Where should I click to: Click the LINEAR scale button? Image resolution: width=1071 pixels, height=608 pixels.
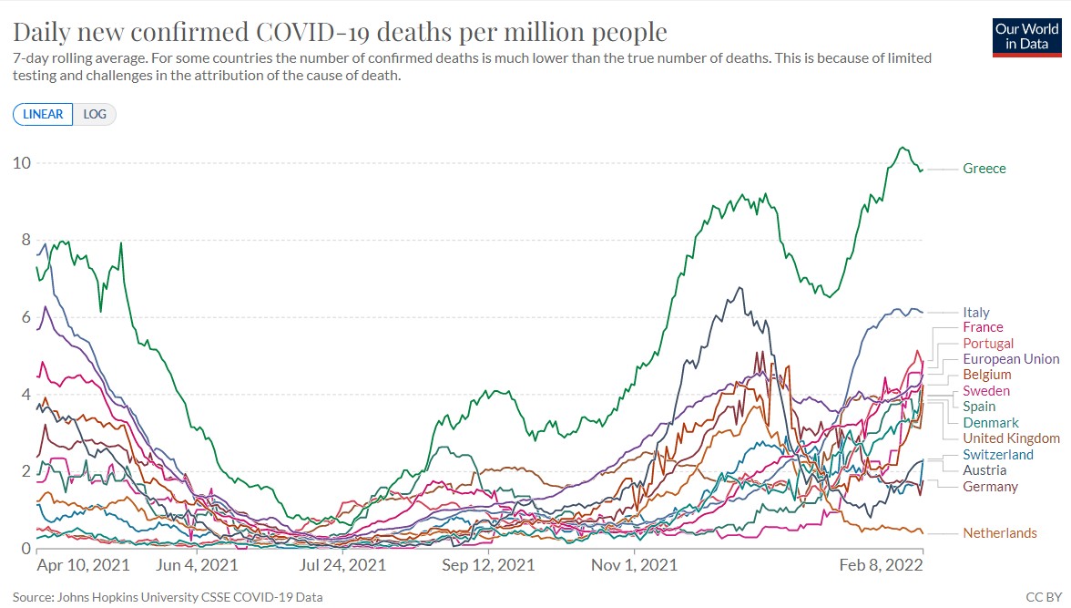(x=43, y=115)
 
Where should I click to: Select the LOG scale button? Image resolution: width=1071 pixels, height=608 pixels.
(x=95, y=115)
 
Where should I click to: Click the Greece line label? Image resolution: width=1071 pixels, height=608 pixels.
(x=984, y=169)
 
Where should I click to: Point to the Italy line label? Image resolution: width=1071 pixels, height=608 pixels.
(x=976, y=313)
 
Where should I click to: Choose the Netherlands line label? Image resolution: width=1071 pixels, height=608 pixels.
(x=1000, y=533)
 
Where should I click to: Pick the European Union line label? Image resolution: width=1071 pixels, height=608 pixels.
(x=1011, y=359)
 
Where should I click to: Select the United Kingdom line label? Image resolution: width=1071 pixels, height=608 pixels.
(x=1011, y=438)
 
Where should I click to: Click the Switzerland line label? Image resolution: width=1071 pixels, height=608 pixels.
(x=998, y=455)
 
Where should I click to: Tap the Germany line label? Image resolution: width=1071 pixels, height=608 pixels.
(x=990, y=487)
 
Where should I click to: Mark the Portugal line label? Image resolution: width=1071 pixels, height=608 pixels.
(x=988, y=344)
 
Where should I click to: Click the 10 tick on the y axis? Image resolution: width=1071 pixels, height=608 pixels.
(x=21, y=164)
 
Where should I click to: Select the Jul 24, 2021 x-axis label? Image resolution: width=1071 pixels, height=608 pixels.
(x=342, y=565)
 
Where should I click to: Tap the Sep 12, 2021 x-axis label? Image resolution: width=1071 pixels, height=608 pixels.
(x=488, y=565)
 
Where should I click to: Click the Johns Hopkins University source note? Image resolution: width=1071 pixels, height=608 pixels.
(x=168, y=598)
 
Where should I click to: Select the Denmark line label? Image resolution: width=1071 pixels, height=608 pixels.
(x=991, y=423)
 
